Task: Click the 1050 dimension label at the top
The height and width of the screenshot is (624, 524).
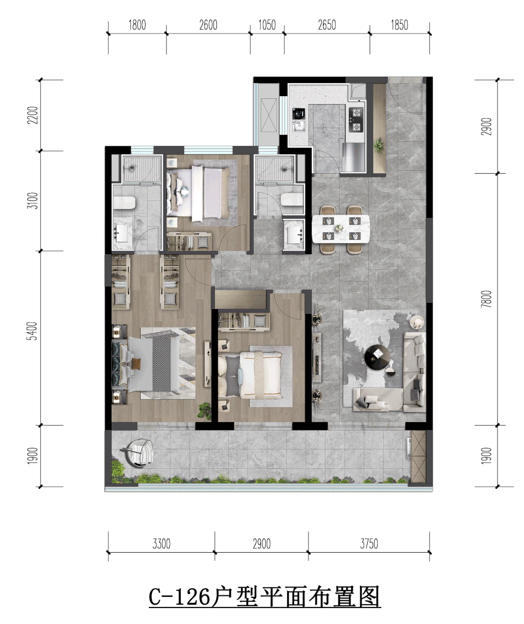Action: [x=267, y=25]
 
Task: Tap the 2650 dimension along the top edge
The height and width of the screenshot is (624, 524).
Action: [x=327, y=25]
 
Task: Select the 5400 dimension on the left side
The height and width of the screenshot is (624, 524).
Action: [x=33, y=331]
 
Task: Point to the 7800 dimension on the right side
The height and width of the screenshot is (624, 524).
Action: [x=486, y=298]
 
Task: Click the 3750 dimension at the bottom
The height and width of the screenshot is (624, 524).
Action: [x=369, y=544]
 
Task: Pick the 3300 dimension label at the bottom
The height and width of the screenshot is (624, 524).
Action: [x=162, y=544]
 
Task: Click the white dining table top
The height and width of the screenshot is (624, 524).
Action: [x=341, y=229]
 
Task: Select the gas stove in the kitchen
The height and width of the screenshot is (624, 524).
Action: [x=356, y=120]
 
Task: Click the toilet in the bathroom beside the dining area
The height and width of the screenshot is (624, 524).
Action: [x=293, y=199]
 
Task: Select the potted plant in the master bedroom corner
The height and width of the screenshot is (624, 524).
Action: [x=204, y=410]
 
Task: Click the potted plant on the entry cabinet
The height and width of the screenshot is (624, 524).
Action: [x=379, y=145]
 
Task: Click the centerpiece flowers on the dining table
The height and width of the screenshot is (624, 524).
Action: [x=339, y=228]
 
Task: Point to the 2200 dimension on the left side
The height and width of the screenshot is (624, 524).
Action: [x=33, y=115]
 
